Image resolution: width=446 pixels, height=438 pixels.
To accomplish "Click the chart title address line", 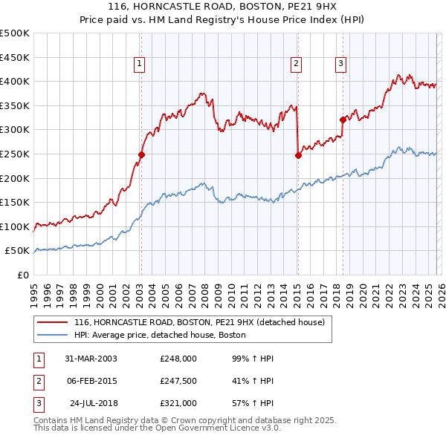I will (223, 7).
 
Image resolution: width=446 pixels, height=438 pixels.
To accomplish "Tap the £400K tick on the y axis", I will (15, 82).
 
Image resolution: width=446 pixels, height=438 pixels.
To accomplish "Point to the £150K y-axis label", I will (15, 202).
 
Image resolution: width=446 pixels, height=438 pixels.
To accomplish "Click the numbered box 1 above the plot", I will (140, 65).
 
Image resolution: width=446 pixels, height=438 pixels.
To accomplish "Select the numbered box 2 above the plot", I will (297, 65).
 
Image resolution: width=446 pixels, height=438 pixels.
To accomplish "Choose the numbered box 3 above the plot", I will (341, 65).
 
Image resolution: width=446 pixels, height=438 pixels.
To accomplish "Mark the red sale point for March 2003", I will (141, 155).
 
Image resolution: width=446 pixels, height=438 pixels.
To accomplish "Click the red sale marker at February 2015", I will (297, 155).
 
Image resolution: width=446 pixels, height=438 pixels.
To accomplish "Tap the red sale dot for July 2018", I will (343, 120).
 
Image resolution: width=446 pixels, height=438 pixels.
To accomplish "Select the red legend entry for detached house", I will (199, 323).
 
